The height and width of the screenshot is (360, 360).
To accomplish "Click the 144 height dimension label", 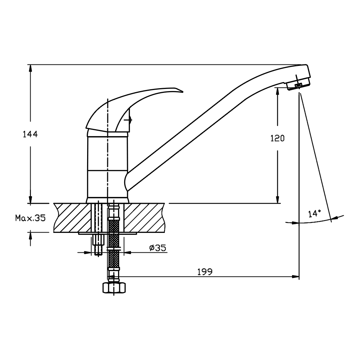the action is pos(30,134).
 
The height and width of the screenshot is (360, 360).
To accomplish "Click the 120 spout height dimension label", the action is pos(277,138).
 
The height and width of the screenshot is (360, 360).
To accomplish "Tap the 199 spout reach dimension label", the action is pos(205,272).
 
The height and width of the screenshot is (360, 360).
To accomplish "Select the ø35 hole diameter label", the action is pos(158,248).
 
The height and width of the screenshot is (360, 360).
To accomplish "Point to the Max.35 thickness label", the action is pos(31,218).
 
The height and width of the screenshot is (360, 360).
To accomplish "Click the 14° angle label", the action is pos(314,214).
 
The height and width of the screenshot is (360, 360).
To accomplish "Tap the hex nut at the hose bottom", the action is pos(114,287).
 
